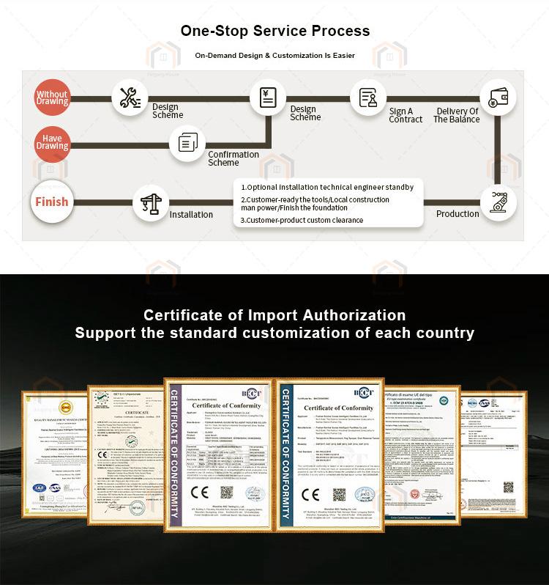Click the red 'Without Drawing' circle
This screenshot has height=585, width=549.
tap(52, 97)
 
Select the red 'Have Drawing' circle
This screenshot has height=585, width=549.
tap(52, 142)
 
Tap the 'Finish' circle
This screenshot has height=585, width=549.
tap(52, 202)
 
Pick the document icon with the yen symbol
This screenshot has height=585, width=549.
tap(267, 97)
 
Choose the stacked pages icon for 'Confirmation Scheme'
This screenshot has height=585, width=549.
tap(187, 142)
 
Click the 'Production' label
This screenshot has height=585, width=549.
tap(457, 214)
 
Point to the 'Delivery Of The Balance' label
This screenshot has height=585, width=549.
tap(456, 115)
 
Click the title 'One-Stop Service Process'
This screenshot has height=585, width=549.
tap(274, 31)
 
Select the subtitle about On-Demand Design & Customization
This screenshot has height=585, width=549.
tap(274, 56)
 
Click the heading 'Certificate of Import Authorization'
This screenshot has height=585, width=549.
tap(274, 315)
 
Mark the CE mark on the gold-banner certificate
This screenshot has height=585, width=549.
tap(200, 492)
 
